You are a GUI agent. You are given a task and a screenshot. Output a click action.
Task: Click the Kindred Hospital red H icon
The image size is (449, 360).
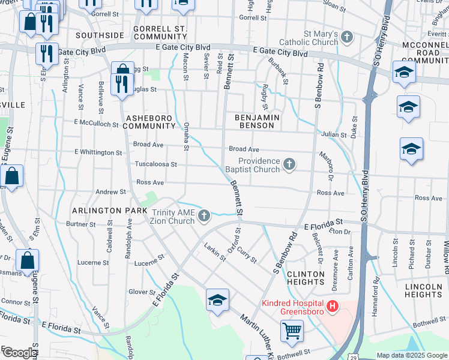coord(332,307)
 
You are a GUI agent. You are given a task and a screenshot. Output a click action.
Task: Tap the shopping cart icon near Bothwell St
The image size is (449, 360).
coord(292,331)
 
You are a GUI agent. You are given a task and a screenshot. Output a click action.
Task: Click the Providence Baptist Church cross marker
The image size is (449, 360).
coord(289,164)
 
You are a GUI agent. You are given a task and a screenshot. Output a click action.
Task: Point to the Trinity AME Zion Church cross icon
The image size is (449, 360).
coord(204,216)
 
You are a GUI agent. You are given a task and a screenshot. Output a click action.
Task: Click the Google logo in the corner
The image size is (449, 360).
coord(19,353)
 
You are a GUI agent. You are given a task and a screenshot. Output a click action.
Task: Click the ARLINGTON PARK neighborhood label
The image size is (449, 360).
coord(109,211)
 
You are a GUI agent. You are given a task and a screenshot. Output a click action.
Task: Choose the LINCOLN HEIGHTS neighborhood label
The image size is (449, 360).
coord(423,290)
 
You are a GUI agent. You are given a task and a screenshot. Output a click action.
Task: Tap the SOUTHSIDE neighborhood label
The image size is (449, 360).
coord(100,36)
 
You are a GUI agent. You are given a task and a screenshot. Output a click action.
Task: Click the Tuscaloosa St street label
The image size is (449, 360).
coord(155,164)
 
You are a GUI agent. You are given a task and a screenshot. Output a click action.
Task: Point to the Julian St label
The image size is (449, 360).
coord(334,135)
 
